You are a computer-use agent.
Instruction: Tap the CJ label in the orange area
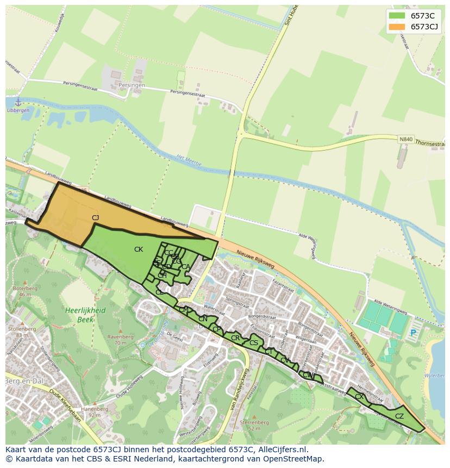point(96,218)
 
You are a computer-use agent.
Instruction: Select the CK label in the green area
point(139,249)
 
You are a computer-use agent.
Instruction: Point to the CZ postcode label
point(399,416)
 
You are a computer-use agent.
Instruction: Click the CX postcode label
point(359,397)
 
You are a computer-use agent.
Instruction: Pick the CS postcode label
point(254,343)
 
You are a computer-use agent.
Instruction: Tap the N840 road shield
point(405,139)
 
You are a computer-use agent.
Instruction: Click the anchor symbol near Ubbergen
point(17,102)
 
